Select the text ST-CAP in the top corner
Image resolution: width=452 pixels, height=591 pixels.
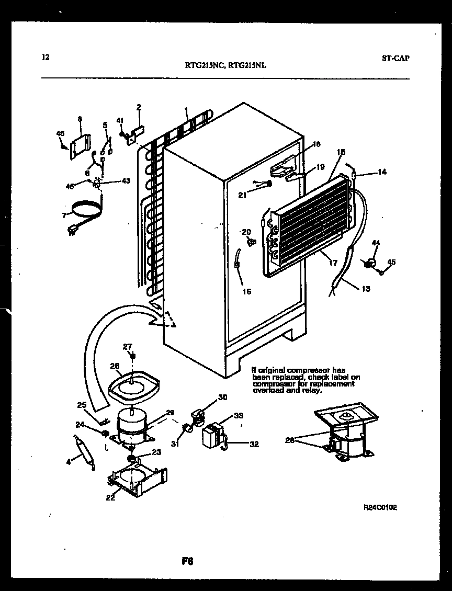(x=395, y=58)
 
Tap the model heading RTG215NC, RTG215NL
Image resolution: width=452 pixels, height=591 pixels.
(x=228, y=66)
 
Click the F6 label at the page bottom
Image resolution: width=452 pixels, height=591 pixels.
(x=188, y=562)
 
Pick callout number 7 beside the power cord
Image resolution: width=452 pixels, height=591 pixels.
(x=64, y=215)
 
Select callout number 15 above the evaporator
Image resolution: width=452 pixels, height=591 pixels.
(x=341, y=152)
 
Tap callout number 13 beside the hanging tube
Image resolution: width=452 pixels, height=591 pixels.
(x=366, y=289)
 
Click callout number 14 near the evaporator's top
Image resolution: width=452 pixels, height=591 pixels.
(x=382, y=172)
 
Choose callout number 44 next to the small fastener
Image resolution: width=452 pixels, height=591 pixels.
(x=375, y=243)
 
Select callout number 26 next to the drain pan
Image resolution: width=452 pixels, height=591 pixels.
(x=115, y=366)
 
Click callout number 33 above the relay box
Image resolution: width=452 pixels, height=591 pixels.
(x=238, y=416)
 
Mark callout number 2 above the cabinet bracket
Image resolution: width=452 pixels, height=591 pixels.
(x=139, y=108)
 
